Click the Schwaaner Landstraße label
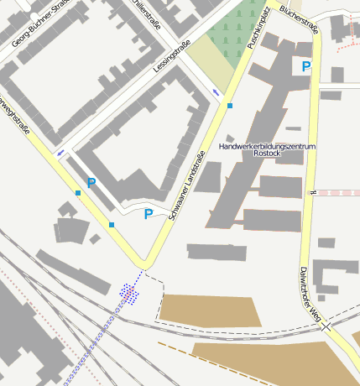185,185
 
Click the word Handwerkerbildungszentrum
266,146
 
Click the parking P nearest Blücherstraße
306,65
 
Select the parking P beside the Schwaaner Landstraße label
149,214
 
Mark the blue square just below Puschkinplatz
229,106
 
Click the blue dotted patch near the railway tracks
128,292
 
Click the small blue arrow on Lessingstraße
217,92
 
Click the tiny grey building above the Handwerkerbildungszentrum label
229,138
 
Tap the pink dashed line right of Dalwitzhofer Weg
336,192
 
